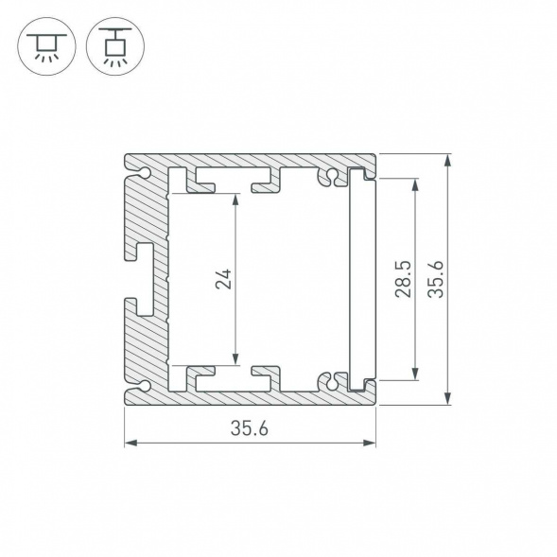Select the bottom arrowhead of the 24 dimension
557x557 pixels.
(x=236, y=359)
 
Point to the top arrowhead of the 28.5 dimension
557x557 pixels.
(x=415, y=183)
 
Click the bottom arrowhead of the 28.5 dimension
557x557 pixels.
(x=415, y=374)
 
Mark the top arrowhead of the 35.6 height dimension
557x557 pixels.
(x=447, y=159)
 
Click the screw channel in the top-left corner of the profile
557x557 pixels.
(x=144, y=173)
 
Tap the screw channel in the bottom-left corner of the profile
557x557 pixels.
(x=144, y=384)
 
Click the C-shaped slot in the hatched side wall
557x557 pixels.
(x=143, y=278)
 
